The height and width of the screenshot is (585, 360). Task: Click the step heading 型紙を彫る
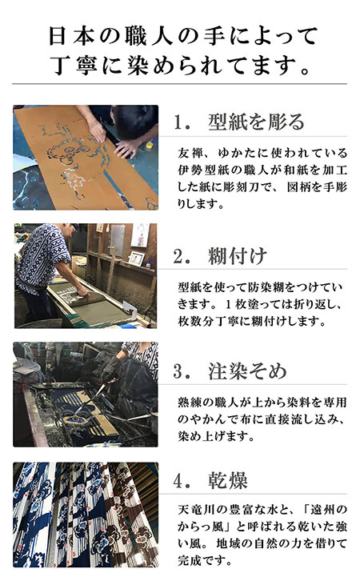click(256, 122)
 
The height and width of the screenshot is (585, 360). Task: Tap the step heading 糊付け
click(238, 256)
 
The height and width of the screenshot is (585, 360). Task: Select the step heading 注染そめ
click(247, 371)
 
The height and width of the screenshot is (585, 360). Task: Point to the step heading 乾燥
click(227, 480)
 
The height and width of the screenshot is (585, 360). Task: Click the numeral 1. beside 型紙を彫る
click(182, 122)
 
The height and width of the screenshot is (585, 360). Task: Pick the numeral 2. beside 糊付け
click(182, 256)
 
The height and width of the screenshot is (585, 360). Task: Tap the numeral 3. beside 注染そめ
click(182, 371)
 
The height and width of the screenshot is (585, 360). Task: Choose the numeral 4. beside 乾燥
click(182, 480)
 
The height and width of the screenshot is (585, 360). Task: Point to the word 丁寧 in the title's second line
click(74, 65)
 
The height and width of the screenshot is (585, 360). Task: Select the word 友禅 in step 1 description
click(190, 153)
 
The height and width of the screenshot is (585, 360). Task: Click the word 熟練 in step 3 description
click(190, 403)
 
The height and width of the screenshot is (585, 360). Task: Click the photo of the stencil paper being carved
click(86, 158)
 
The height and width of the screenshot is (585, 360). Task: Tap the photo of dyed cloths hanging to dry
click(86, 515)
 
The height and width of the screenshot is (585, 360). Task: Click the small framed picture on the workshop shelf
click(137, 258)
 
